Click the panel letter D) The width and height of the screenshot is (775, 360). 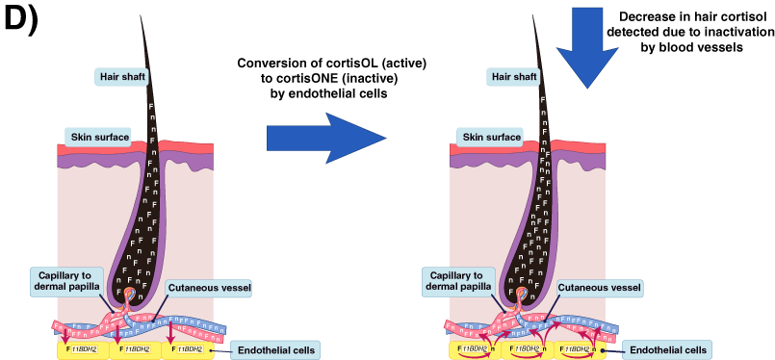click(20, 22)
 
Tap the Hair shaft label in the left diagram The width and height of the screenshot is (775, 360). click(122, 75)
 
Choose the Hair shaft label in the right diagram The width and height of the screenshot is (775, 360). click(510, 75)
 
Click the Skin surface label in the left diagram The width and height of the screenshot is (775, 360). click(96, 136)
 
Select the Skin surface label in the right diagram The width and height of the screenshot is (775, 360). click(484, 136)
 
